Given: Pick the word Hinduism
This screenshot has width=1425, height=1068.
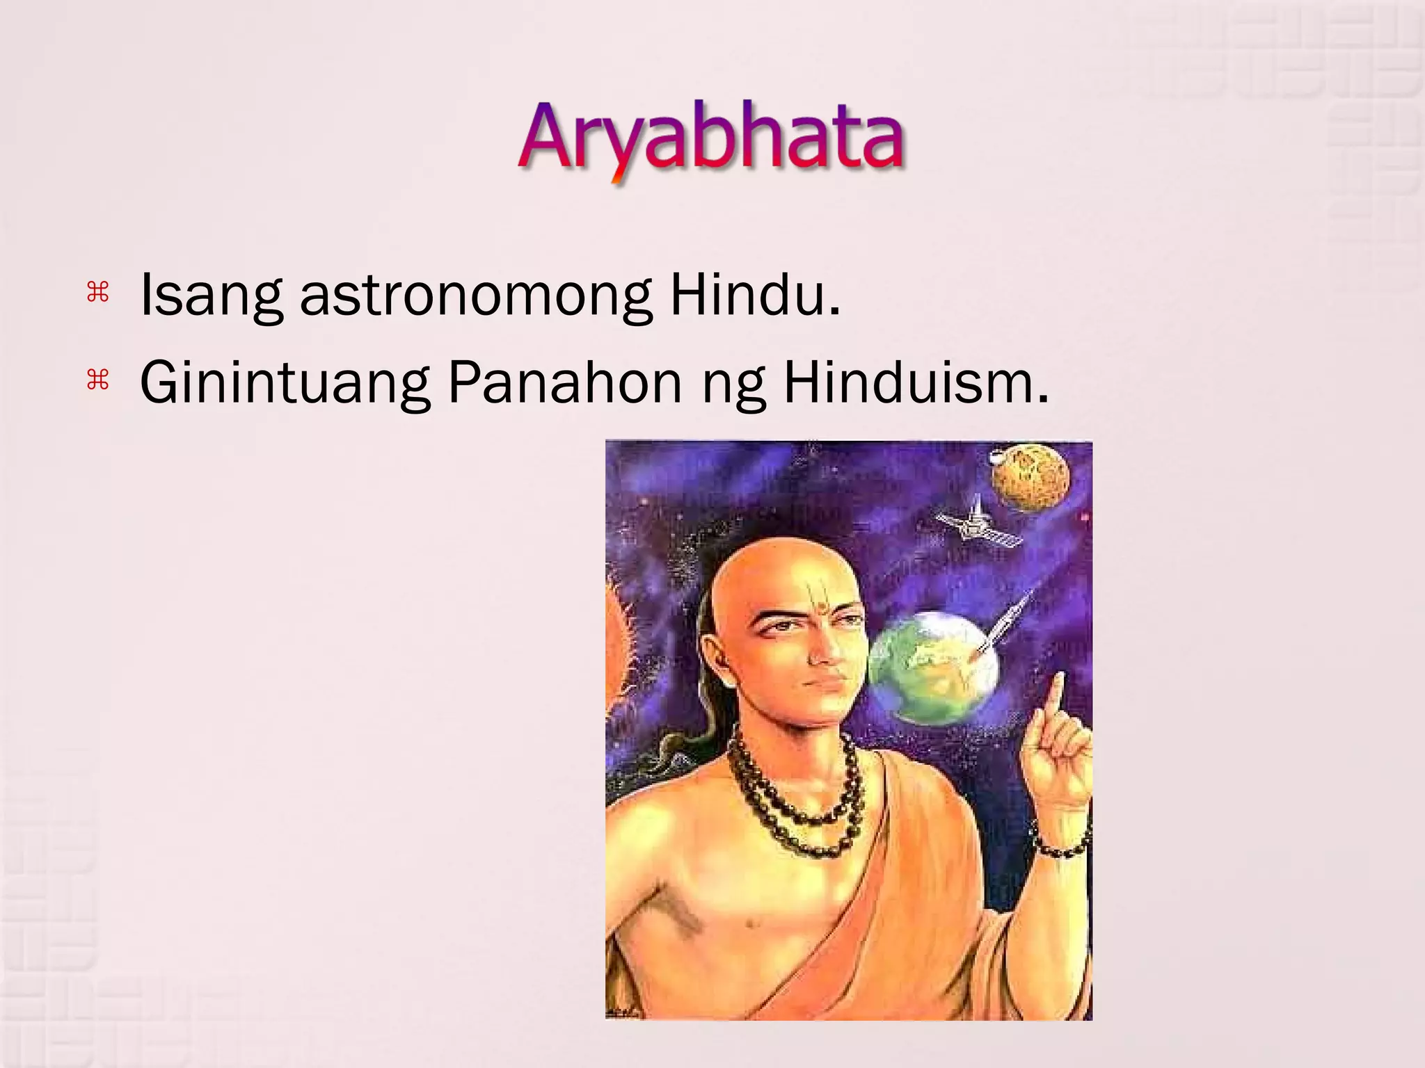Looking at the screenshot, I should tap(915, 383).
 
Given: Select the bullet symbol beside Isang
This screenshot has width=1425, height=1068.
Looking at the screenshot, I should tap(98, 293).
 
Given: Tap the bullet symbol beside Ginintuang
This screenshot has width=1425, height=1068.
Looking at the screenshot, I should tap(98, 380).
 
